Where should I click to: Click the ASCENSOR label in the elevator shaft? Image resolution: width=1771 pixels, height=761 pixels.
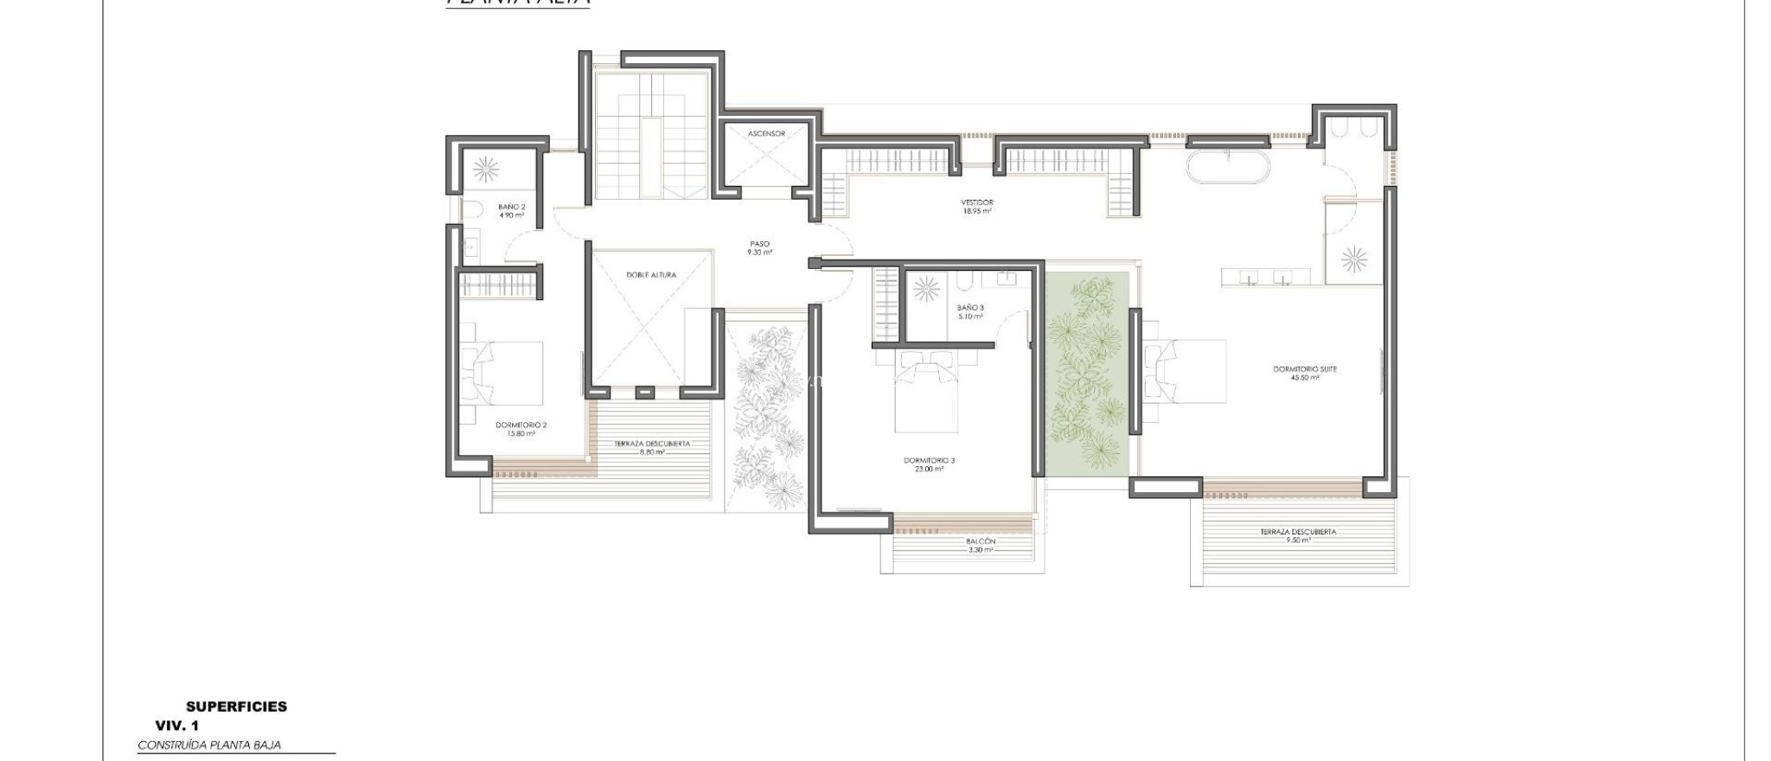(766, 134)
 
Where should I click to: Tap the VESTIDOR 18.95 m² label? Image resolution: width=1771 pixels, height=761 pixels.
(977, 206)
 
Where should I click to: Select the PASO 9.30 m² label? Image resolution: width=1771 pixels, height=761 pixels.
(759, 248)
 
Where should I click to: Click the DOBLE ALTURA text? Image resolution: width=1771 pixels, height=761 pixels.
(651, 275)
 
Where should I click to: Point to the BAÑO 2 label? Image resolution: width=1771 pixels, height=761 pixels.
(511, 211)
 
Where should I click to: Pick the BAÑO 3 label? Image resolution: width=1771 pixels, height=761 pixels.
(970, 311)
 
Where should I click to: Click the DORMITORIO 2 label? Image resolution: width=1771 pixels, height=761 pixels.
(521, 429)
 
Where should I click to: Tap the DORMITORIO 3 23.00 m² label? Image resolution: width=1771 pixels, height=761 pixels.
(929, 464)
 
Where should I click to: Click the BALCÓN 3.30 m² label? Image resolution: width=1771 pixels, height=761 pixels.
(981, 545)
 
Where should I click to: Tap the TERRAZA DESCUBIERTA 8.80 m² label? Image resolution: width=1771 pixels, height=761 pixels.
(652, 447)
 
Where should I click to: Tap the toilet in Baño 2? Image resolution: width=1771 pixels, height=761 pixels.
(472, 208)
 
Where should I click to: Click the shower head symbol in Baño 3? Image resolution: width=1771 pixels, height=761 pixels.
(926, 289)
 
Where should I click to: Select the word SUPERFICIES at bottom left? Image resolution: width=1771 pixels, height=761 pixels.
(236, 707)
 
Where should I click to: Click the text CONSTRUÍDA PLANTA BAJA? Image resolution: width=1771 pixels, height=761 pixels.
(209, 745)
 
